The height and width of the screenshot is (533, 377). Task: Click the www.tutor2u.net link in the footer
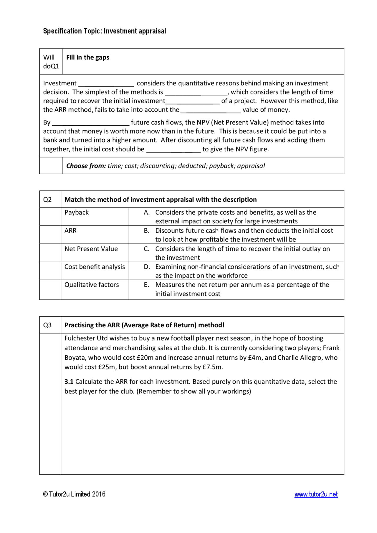click(x=316, y=494)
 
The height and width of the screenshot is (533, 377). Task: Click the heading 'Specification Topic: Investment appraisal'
click(x=105, y=31)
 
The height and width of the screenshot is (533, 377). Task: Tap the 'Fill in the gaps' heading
click(x=88, y=57)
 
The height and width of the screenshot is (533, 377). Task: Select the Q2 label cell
click(x=47, y=200)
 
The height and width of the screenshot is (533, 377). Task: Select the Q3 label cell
click(x=47, y=325)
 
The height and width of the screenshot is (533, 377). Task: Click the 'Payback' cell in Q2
click(x=77, y=212)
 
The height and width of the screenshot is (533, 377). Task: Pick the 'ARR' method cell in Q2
click(x=70, y=231)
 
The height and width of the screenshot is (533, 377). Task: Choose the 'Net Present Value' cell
click(x=91, y=249)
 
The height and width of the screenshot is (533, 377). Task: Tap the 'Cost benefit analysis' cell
click(x=95, y=267)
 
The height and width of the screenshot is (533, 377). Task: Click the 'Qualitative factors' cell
click(x=92, y=285)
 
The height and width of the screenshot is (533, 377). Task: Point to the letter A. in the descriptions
click(x=147, y=212)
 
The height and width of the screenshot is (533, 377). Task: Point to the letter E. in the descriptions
click(x=146, y=285)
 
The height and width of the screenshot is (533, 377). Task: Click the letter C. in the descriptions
click(x=147, y=249)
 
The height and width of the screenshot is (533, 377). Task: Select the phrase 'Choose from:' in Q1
click(x=86, y=166)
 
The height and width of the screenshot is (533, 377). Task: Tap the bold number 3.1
click(x=69, y=382)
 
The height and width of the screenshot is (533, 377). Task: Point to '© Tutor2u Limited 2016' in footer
click(x=74, y=494)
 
